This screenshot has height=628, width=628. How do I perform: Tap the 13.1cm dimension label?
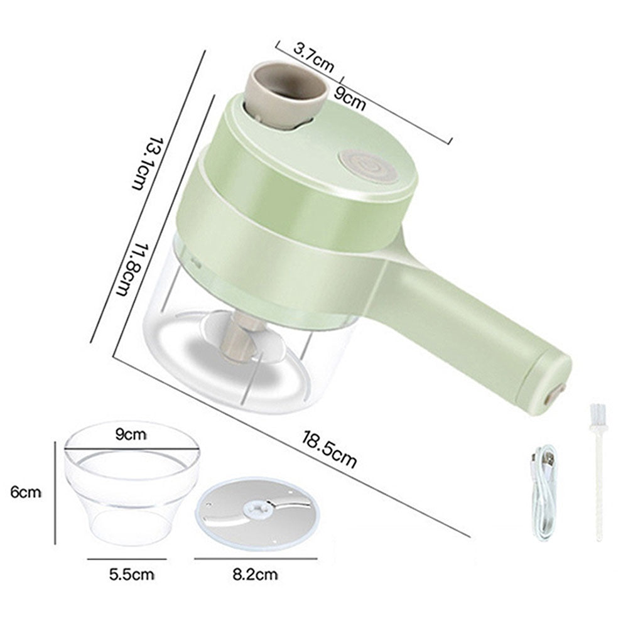pos(143,163)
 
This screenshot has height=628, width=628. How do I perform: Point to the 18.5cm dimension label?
pos(328,449)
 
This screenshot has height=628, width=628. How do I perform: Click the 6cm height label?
pos(26,492)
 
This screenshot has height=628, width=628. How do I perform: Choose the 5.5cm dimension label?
pos(131,575)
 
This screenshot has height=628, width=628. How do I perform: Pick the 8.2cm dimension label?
pos(255,575)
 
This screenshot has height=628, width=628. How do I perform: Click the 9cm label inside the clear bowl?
pos(131,434)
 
